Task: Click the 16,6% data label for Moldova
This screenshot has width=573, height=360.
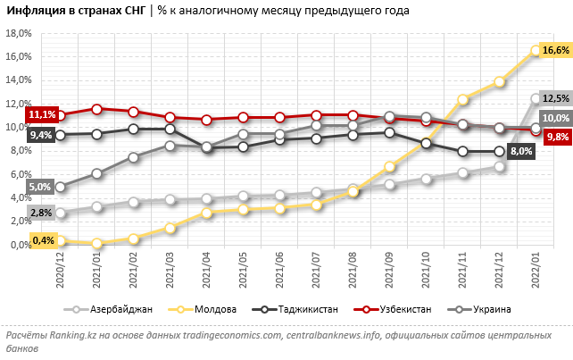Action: pos(556,50)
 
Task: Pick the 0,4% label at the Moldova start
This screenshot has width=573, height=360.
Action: pos(42,239)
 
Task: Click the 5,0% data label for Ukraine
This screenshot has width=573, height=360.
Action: pos(39,187)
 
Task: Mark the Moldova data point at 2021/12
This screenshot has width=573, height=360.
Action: pos(499,82)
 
